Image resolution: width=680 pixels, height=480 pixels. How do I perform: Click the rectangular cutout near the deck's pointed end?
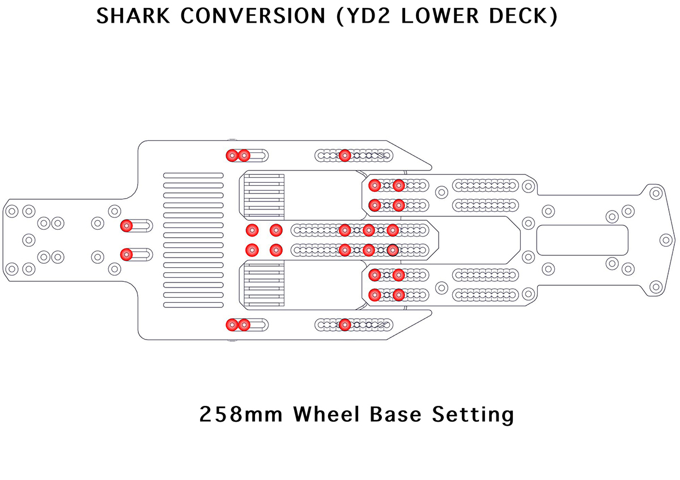tap(582, 239)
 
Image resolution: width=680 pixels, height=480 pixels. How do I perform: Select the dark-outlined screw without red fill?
tap(392, 249)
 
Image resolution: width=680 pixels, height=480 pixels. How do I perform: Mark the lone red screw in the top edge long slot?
tap(345, 155)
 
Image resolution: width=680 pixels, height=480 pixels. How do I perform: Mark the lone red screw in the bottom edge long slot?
tap(345, 324)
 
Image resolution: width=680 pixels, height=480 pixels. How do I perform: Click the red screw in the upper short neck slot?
tap(126, 226)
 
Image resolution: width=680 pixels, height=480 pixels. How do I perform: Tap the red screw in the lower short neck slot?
tap(126, 254)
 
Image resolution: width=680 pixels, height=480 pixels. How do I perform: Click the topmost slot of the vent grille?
tap(193, 175)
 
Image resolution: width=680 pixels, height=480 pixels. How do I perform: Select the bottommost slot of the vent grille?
tap(193, 305)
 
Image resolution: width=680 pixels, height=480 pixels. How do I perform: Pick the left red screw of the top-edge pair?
tap(232, 155)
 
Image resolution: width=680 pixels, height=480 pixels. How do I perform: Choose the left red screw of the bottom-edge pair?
tap(232, 324)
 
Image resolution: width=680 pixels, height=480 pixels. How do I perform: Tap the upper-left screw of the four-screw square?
tap(252, 230)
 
